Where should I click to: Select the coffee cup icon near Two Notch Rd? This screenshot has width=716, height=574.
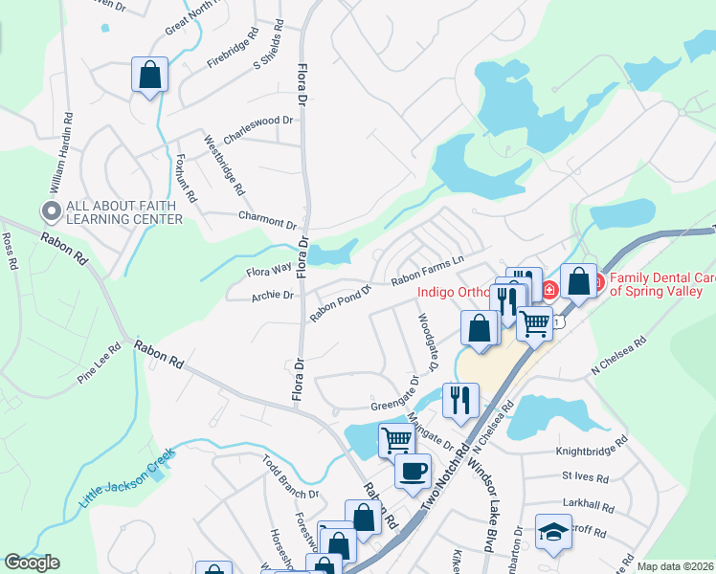coord(413,472)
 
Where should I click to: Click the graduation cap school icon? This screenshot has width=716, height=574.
coord(553,534)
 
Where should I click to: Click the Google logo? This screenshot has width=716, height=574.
coord(32,563)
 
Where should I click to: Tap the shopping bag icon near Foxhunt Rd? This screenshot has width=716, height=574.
coord(150,76)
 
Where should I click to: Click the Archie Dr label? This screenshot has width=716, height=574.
coord(273,296)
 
